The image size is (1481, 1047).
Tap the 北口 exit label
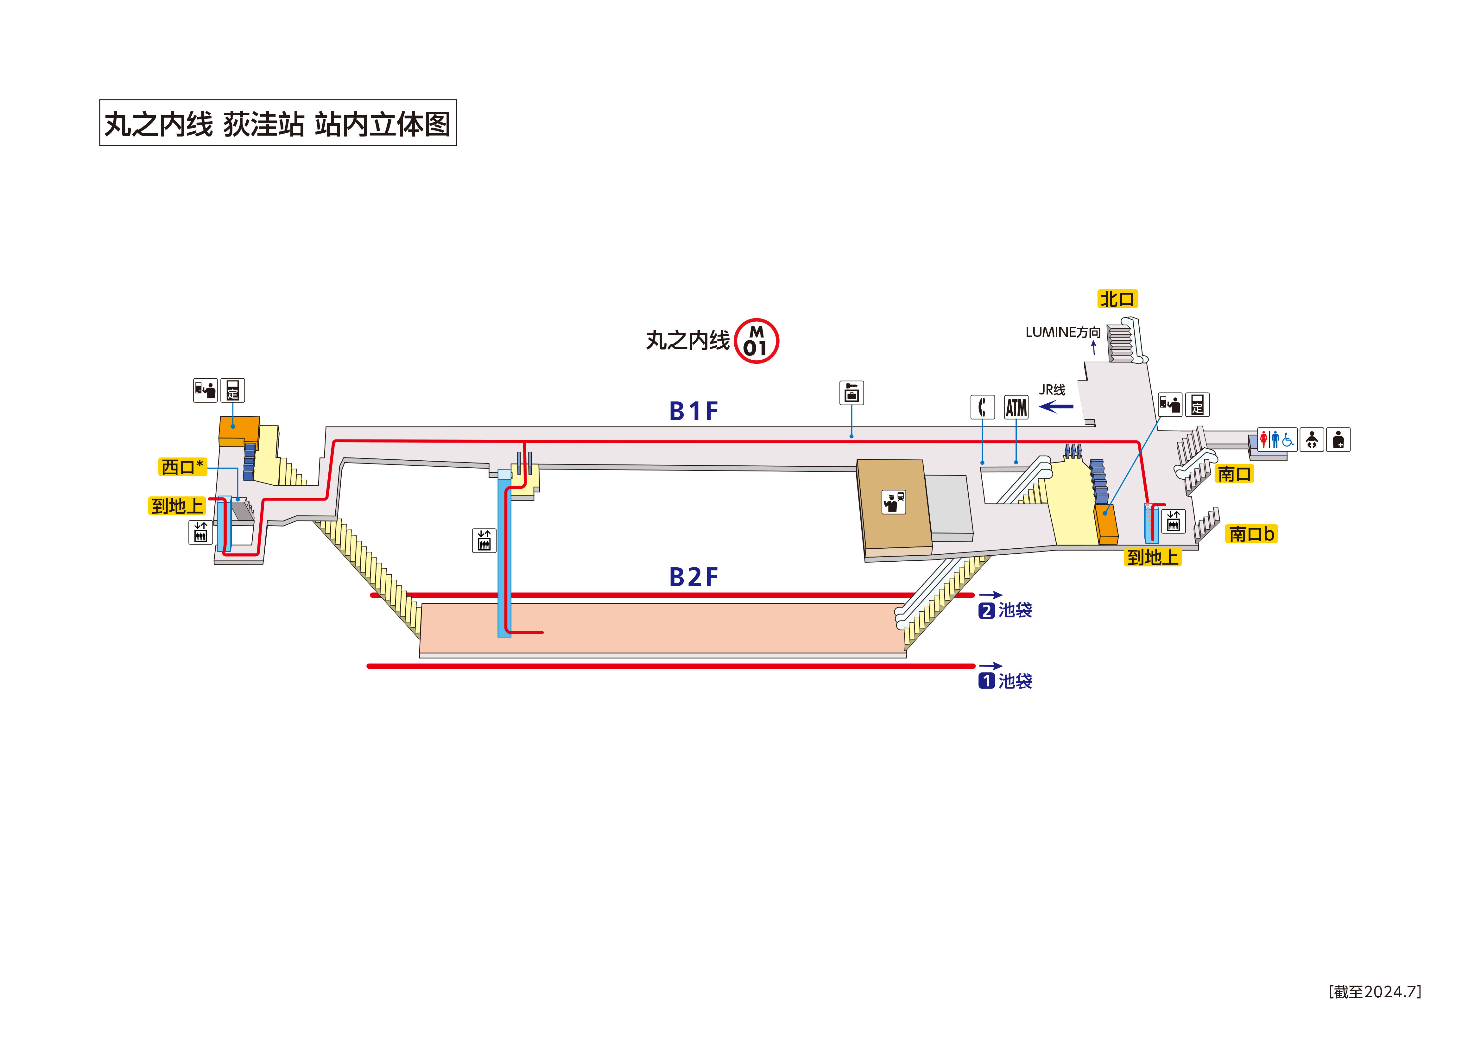click(x=1117, y=299)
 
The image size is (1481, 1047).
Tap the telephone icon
click(x=982, y=407)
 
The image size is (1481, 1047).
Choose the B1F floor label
click(x=693, y=411)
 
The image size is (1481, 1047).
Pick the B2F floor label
click(x=693, y=577)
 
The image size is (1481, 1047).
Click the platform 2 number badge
click(x=986, y=610)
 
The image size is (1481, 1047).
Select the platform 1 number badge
click(x=986, y=681)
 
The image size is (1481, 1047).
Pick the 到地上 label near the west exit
click(x=177, y=506)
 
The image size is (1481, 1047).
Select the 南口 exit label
click(x=1234, y=474)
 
